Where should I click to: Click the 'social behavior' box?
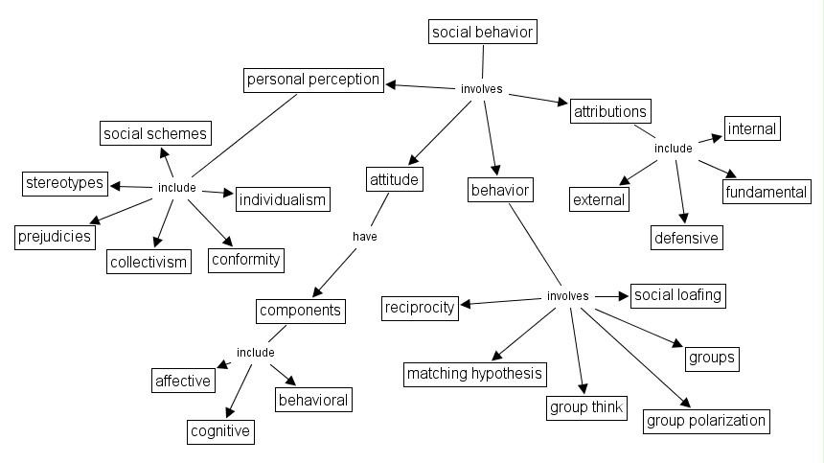(x=482, y=33)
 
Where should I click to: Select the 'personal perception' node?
(x=313, y=80)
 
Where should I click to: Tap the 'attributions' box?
(x=610, y=111)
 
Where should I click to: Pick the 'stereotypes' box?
(x=65, y=183)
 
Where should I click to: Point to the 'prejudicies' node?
(x=55, y=236)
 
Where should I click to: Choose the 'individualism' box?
(x=282, y=200)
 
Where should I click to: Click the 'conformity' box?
(x=246, y=259)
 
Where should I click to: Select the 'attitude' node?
(x=394, y=178)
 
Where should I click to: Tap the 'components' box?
(x=300, y=311)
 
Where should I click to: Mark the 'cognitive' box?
(x=220, y=431)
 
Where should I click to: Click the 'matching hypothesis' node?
(x=474, y=374)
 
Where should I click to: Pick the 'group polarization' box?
(x=706, y=420)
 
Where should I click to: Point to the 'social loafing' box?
(x=676, y=295)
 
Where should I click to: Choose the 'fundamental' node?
(x=766, y=192)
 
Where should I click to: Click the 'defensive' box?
(x=686, y=237)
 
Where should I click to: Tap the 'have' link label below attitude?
(x=364, y=235)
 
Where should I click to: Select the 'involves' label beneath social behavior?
(x=481, y=89)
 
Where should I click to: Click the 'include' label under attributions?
(x=673, y=149)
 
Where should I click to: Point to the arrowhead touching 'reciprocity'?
(x=465, y=306)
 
